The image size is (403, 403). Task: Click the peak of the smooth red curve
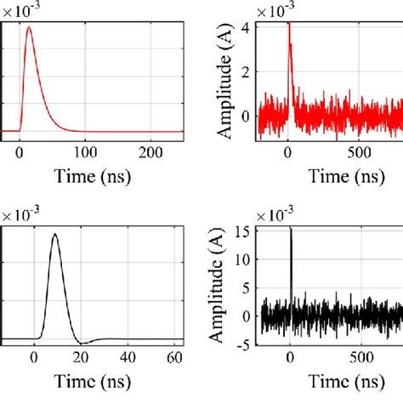[29, 28]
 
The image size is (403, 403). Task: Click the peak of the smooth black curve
[55, 235]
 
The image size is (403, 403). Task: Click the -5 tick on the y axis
[246, 344]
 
